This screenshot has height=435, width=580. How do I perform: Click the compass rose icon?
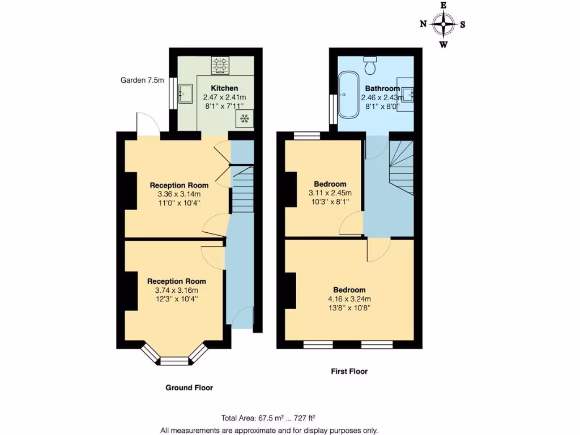click(x=443, y=24)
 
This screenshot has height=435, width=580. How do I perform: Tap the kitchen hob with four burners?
click(x=220, y=65)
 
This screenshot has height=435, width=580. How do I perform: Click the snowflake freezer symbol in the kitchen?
click(x=245, y=118)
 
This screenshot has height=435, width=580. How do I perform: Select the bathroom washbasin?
click(x=406, y=96)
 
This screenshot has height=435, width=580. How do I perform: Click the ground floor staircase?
click(x=242, y=189)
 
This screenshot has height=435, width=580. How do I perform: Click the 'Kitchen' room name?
click(x=224, y=88)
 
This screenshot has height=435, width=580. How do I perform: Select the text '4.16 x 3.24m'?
click(x=349, y=299)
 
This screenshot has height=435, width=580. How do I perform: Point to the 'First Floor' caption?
click(x=349, y=372)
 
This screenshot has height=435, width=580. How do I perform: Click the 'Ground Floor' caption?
click(x=189, y=388)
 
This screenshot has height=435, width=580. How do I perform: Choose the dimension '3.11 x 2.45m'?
click(x=330, y=193)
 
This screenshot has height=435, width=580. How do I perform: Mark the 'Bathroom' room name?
click(x=382, y=88)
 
